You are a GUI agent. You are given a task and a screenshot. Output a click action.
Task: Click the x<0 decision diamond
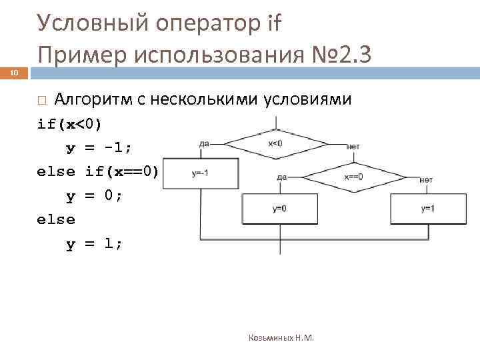click(276, 143)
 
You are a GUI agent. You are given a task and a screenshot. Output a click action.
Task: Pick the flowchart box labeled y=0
click(280, 209)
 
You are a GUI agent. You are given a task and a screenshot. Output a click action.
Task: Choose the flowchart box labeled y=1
click(427, 209)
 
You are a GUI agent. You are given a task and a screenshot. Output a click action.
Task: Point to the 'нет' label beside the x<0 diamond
click(353, 147)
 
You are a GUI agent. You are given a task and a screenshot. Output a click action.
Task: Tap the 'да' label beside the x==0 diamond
click(282, 177)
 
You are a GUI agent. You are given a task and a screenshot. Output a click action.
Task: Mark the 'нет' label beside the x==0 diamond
click(426, 180)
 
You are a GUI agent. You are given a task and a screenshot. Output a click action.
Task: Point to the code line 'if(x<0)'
click(70, 124)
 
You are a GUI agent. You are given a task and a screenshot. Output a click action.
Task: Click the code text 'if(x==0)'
click(122, 171)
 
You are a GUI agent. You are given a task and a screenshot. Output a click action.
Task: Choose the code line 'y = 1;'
click(94, 243)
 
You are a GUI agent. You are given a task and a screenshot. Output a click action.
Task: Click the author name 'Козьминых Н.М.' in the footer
click(281, 338)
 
